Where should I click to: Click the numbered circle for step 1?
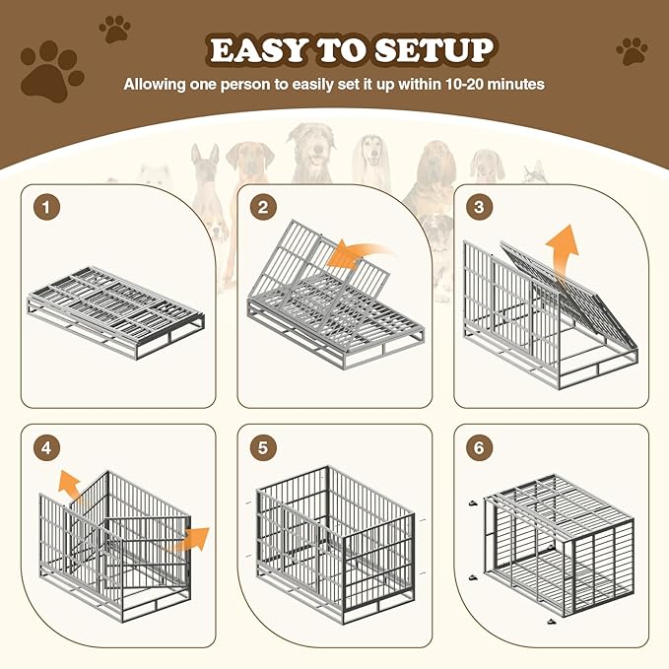[x=43, y=208]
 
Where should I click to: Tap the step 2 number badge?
[x=262, y=208]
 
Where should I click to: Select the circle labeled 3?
[x=478, y=208]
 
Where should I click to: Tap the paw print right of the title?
[x=632, y=50]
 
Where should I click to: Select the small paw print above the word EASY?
[x=115, y=29]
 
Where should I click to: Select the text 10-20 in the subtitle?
[x=450, y=84]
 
